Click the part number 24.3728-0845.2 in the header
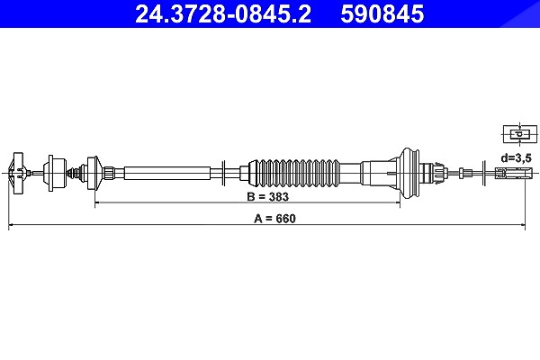point(223,13)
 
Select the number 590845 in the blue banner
point(382,13)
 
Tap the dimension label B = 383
point(267,197)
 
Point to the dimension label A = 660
point(274,219)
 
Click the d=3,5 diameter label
point(517,158)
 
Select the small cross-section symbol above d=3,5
point(520,134)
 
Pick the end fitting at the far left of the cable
point(18,173)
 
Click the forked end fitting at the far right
point(514,172)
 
